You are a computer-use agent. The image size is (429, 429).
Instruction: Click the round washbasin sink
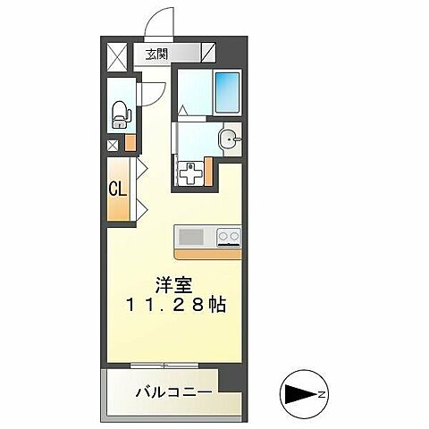point(230,139)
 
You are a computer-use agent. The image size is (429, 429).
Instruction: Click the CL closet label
point(116,189)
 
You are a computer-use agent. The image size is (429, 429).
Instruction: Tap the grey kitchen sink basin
point(191,237)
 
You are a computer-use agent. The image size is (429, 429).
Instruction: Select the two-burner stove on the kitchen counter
point(229,237)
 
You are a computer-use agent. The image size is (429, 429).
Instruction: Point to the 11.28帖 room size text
point(177,305)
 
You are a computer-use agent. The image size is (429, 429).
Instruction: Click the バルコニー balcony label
point(173,391)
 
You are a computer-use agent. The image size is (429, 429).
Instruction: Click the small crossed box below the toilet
point(113,144)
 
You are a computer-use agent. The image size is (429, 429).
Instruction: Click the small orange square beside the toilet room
point(130,141)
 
